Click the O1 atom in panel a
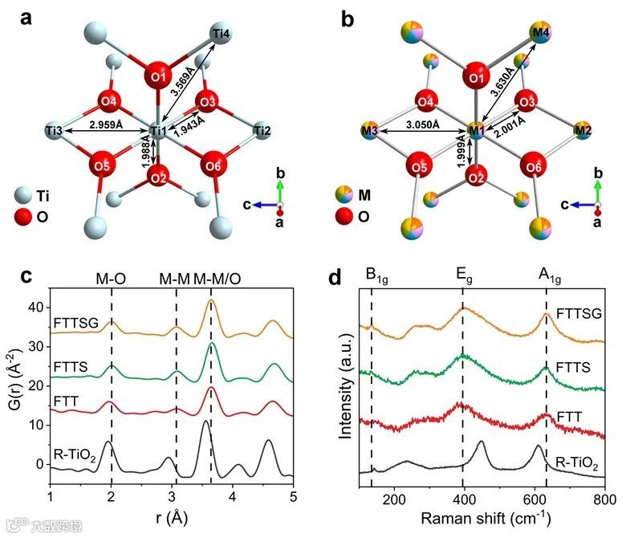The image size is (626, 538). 158,77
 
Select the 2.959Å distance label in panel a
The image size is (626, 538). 106,124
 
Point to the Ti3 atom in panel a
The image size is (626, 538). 55,130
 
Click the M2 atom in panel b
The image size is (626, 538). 583,130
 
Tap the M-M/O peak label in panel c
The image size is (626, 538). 217,278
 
